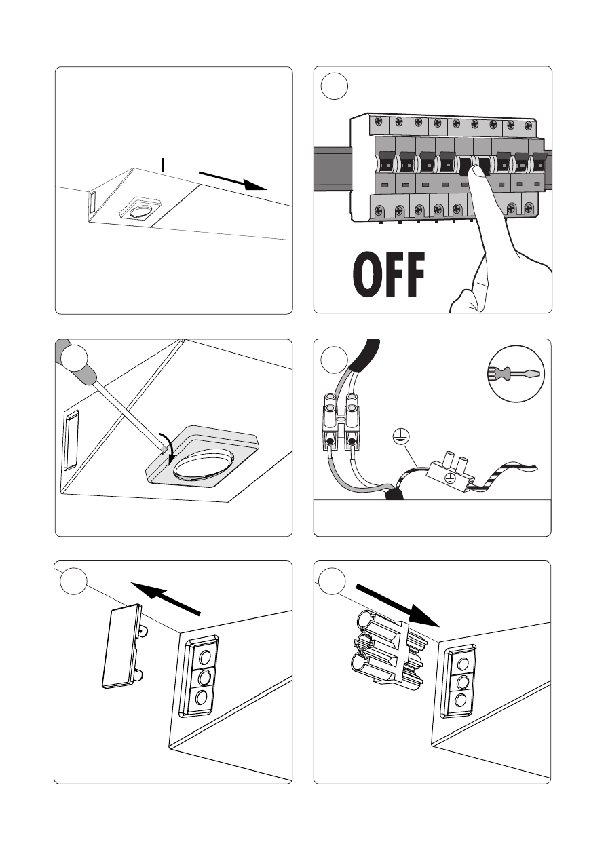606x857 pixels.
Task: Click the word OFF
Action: click(x=389, y=274)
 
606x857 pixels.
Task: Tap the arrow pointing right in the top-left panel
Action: click(x=233, y=181)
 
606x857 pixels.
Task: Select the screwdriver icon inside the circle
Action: click(x=516, y=373)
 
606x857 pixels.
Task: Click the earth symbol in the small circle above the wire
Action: click(x=400, y=436)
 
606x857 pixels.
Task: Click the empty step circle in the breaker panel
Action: click(x=335, y=86)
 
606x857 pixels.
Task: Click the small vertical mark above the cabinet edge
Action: click(x=164, y=166)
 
